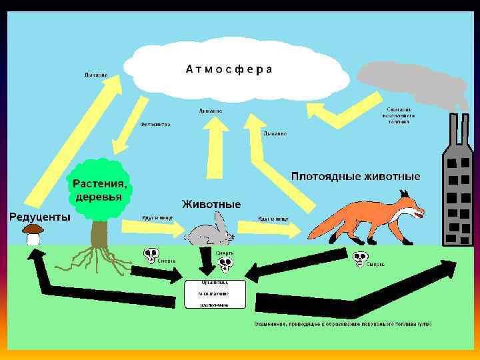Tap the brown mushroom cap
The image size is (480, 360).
(33, 229)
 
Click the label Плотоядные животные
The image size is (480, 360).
(356, 177)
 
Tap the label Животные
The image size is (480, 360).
(211, 203)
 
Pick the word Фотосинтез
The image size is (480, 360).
(155, 124)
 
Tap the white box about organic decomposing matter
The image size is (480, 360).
(215, 293)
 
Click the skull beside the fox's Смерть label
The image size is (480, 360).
(360, 259)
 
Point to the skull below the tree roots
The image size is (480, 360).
(151, 255)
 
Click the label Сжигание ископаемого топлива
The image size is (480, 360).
(399, 115)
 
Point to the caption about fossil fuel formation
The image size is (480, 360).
(342, 324)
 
